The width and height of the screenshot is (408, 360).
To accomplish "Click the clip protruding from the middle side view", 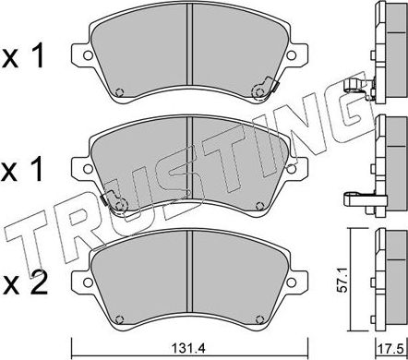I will (x=360, y=196).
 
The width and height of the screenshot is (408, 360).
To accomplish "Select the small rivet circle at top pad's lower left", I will (x=120, y=90).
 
